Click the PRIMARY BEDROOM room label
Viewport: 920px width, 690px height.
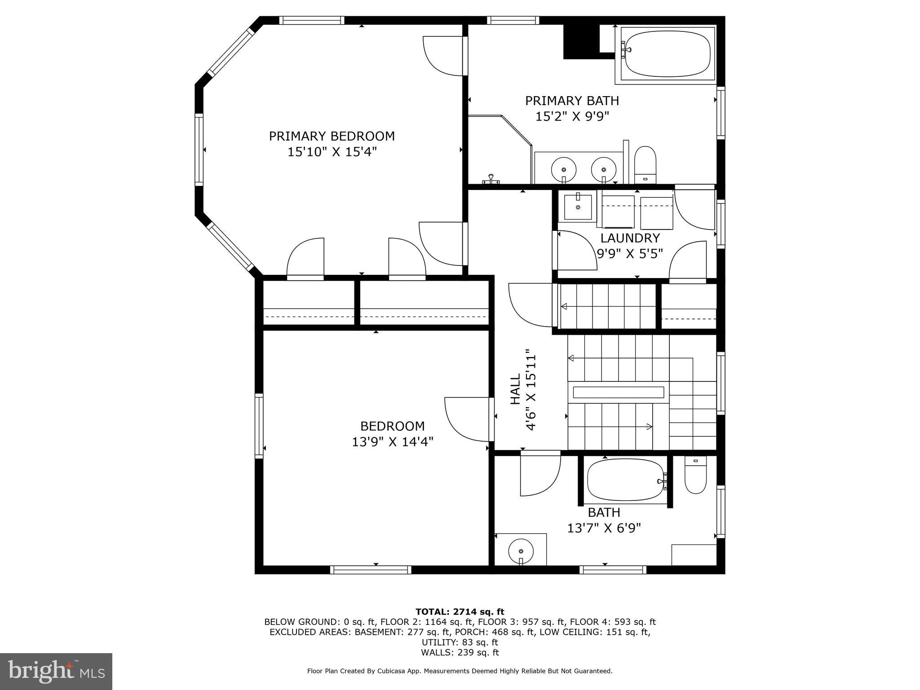332,136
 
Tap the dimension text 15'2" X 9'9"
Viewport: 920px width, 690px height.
572,117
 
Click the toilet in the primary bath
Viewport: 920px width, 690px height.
645,164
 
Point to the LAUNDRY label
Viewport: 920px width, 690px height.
630,238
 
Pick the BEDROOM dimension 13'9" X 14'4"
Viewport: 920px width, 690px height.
392,442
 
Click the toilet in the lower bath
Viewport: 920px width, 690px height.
695,475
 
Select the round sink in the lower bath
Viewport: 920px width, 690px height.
521,550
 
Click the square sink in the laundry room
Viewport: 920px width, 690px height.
577,207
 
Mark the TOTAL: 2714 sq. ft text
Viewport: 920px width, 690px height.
460,612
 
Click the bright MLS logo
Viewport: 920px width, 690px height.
56,671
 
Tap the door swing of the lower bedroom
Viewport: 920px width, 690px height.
466,419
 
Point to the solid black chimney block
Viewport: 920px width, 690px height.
581,41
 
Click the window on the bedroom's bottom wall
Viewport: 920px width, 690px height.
371,570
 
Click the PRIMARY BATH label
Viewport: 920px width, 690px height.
572,101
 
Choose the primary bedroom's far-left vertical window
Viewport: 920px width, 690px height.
199,150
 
